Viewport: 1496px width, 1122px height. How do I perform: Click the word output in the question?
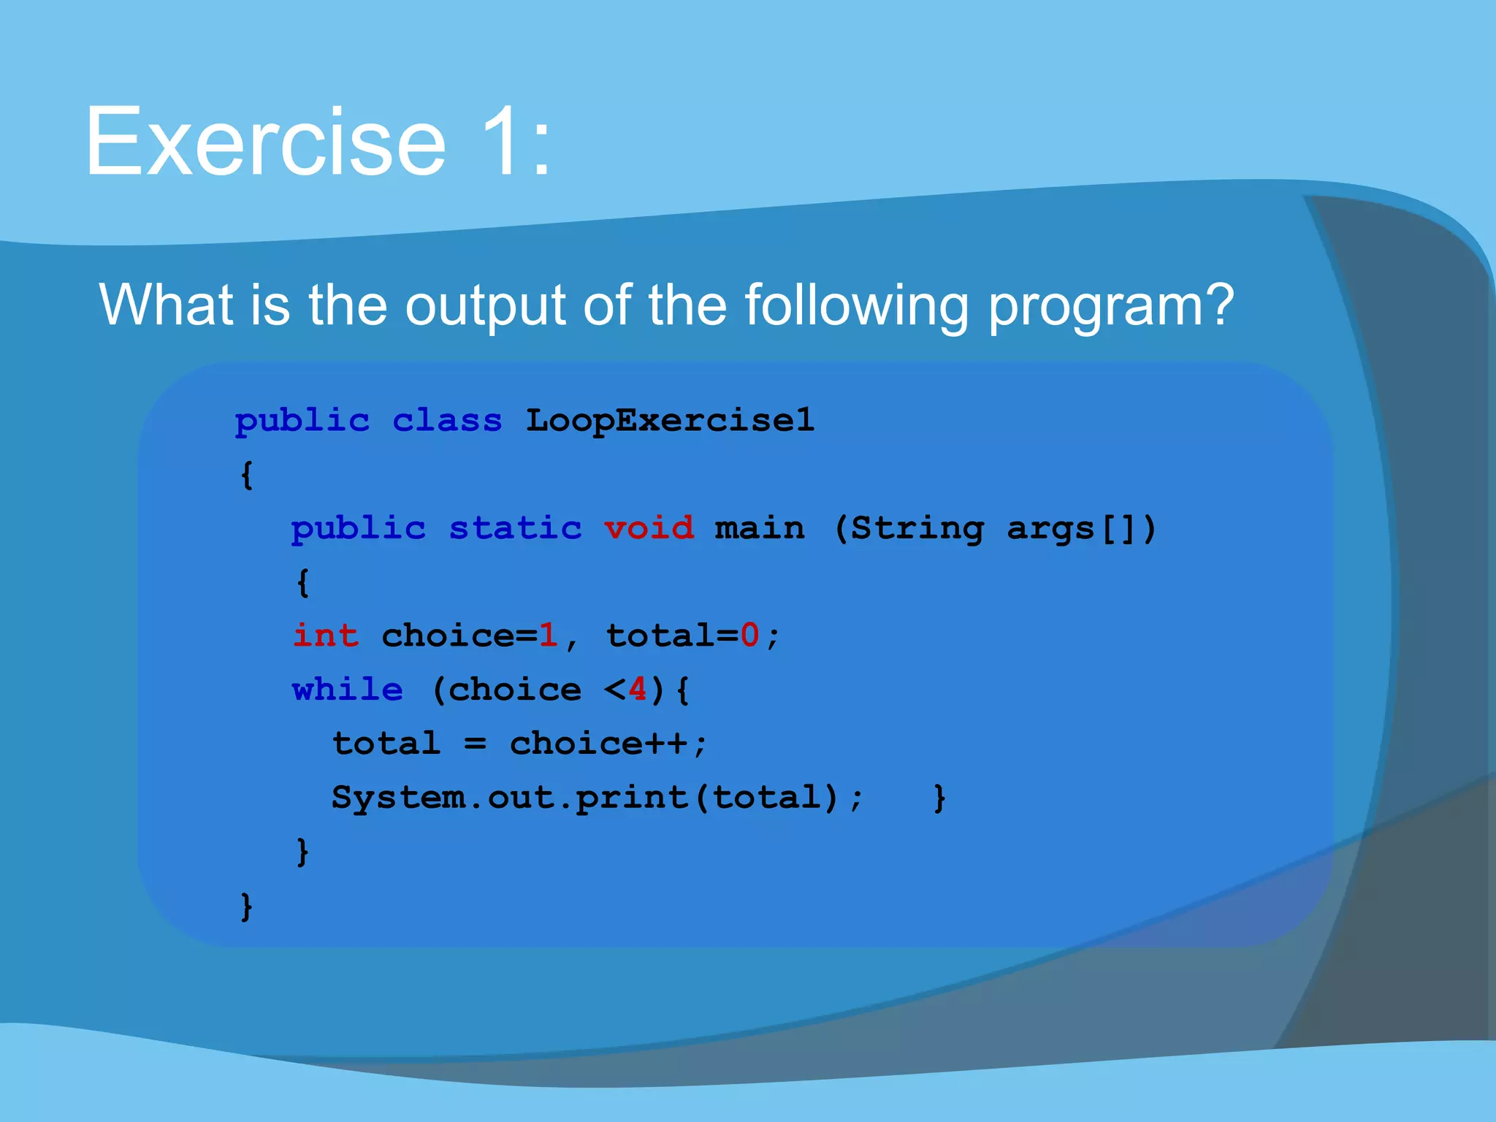pos(485,305)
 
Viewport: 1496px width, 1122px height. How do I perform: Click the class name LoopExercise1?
pos(670,421)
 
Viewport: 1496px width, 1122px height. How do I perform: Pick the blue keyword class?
pos(447,421)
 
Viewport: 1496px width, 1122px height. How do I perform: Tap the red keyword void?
pos(649,528)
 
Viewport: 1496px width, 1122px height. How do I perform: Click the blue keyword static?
pos(515,528)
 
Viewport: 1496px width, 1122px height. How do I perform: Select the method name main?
pos(760,528)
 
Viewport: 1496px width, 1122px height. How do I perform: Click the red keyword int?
pos(326,636)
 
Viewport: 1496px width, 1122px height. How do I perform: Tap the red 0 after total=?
pos(749,636)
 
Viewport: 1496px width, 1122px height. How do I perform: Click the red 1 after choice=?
pos(548,636)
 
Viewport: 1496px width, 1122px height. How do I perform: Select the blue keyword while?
pos(348,690)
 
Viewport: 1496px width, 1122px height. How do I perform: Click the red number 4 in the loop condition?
pos(637,690)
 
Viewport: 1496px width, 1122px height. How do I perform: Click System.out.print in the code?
pos(510,798)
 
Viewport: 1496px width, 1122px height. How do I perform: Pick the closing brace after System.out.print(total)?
pos(939,798)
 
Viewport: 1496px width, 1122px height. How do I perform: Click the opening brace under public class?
pos(247,475)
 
